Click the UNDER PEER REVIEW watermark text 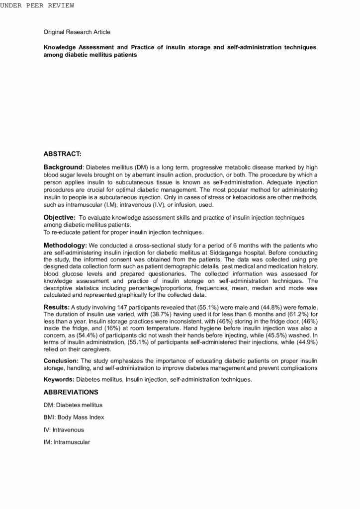[37, 5]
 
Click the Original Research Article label [77, 32]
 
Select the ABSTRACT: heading [63, 154]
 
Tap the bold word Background [62, 168]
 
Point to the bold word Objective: [60, 217]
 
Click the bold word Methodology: [65, 246]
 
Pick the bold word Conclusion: [61, 360]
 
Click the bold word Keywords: [59, 380]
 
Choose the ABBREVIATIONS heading [71, 392]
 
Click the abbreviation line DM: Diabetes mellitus [73, 405]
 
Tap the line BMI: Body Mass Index [74, 418]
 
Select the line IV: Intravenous [64, 429]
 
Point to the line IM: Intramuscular [67, 442]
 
